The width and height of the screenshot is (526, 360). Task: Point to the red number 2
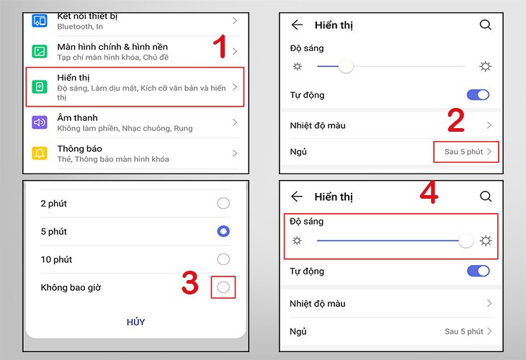point(455,120)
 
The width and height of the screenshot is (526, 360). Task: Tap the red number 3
point(190,283)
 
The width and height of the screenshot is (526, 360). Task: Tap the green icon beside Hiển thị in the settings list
point(40,87)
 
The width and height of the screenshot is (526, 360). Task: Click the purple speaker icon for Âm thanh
point(40,122)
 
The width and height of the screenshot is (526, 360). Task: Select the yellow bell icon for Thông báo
point(40,153)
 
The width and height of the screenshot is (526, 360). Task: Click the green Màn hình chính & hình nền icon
point(40,52)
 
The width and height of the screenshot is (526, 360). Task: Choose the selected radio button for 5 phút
point(223,231)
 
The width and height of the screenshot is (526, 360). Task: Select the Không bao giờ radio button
point(223,287)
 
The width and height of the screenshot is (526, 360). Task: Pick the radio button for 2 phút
point(223,204)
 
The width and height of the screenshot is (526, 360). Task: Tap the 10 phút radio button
point(223,259)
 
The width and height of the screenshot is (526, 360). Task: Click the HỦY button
point(135,322)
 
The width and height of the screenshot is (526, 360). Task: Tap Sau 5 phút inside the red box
point(465,152)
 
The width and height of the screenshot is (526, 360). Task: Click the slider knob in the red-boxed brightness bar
point(466,240)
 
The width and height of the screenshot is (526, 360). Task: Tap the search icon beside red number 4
point(486,197)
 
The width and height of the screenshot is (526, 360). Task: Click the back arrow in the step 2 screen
point(297,24)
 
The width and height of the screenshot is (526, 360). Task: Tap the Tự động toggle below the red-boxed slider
point(478,271)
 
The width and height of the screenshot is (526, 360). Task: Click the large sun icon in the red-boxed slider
point(486,240)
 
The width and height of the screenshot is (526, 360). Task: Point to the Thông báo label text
point(77,148)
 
